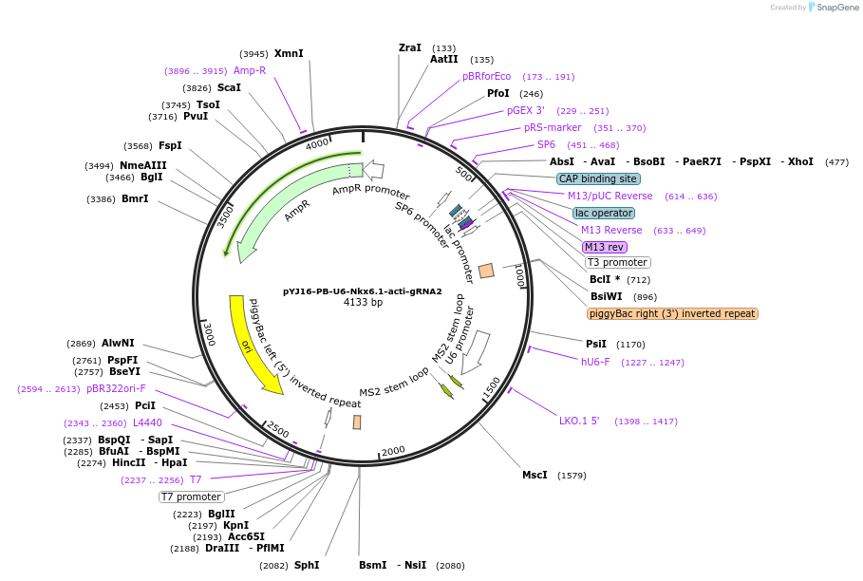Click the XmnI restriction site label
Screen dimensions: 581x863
[289, 54]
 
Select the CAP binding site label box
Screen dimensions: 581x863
[598, 178]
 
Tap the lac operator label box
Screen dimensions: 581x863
[604, 213]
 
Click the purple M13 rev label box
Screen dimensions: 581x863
[605, 247]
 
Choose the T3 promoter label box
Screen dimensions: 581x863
[617, 263]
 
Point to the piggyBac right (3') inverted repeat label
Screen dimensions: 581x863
[672, 313]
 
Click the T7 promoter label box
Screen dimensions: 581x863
[191, 497]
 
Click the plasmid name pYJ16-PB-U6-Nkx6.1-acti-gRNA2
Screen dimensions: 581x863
[363, 291]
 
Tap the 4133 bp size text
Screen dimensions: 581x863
[363, 303]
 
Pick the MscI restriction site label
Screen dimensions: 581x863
[535, 475]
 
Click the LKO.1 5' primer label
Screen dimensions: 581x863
[579, 421]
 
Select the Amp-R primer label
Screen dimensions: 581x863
[250, 70]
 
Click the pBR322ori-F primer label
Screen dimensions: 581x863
[116, 388]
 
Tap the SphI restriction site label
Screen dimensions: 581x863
[307, 565]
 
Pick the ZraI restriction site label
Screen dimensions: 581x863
[410, 47]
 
